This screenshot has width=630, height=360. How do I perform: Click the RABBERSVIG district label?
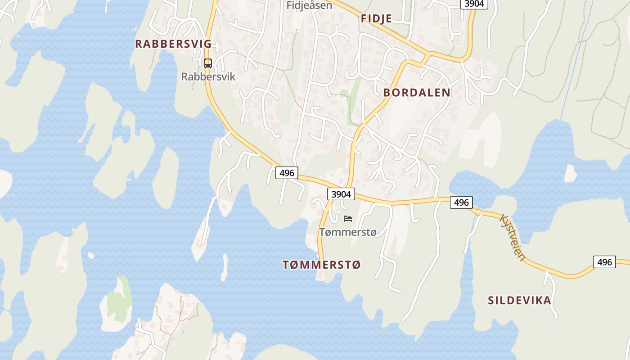(x=173, y=44)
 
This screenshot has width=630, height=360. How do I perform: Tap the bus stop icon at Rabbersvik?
(x=207, y=63)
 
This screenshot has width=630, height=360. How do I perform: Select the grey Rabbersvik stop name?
(x=208, y=76)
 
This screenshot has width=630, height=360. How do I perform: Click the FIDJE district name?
(x=376, y=18)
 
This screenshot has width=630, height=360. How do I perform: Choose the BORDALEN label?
(x=416, y=93)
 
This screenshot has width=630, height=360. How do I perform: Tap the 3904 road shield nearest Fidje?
(x=474, y=4)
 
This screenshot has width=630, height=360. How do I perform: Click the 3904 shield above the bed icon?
(x=341, y=194)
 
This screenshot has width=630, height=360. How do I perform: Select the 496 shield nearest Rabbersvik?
(x=287, y=172)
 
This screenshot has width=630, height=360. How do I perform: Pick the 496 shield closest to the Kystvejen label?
(x=461, y=202)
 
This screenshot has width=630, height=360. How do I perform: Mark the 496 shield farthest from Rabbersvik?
(x=604, y=261)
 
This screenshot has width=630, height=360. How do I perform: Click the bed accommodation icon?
(x=347, y=219)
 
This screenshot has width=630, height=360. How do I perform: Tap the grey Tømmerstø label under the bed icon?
(x=347, y=232)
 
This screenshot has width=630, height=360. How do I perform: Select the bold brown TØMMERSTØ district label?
(x=322, y=265)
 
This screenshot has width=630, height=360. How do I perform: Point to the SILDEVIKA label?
(x=519, y=301)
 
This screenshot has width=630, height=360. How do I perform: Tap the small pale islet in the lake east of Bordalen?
(x=571, y=174)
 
